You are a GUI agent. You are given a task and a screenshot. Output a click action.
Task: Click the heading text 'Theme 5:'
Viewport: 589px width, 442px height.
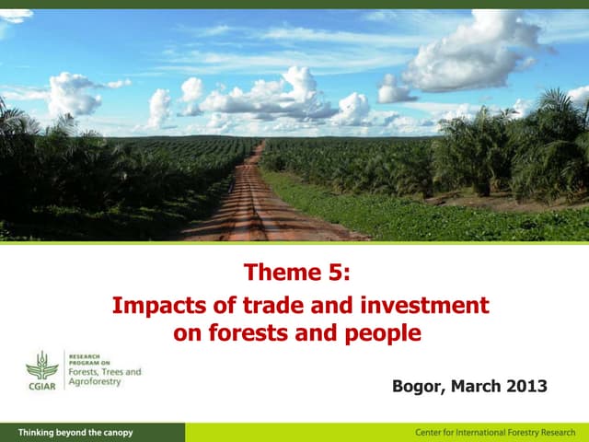coord(296,273)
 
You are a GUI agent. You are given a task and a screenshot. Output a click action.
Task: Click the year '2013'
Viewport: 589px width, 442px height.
coord(527,386)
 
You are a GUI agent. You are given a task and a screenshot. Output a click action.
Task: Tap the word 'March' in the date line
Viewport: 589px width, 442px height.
coord(477,386)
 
